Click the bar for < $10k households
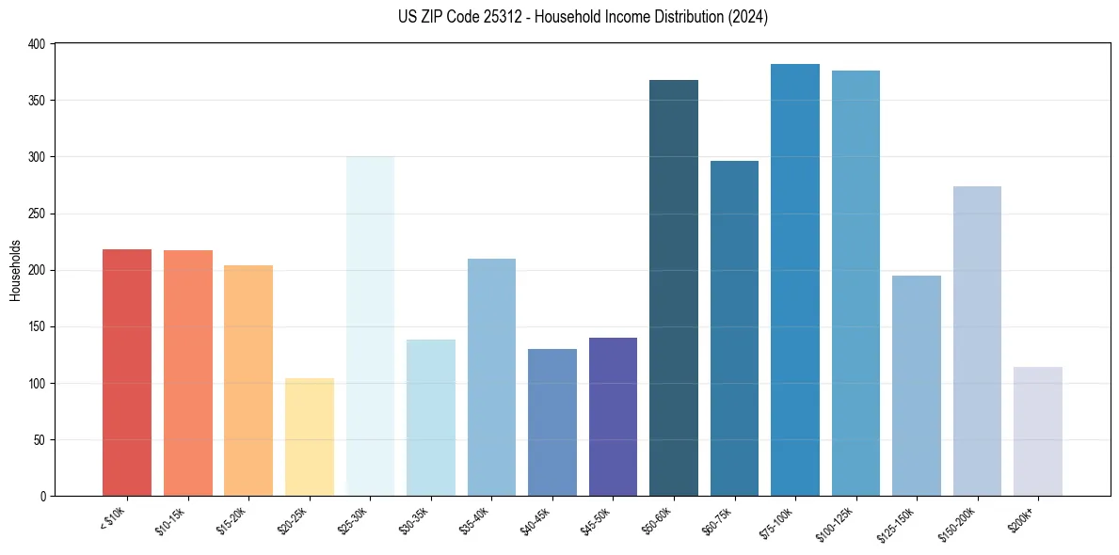[127, 373]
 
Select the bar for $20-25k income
[310, 437]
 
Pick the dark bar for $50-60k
[674, 288]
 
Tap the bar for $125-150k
[917, 386]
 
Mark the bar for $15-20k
[248, 381]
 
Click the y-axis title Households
[15, 270]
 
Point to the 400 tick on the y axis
[36, 44]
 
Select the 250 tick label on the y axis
[36, 214]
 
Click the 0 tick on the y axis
[42, 497]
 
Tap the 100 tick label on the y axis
[36, 384]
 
